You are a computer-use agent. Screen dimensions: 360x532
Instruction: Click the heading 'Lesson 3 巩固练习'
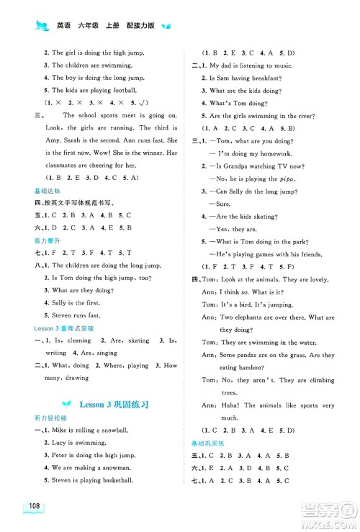tap(115, 405)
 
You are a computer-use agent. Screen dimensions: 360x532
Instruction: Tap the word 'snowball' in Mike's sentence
tap(114, 430)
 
